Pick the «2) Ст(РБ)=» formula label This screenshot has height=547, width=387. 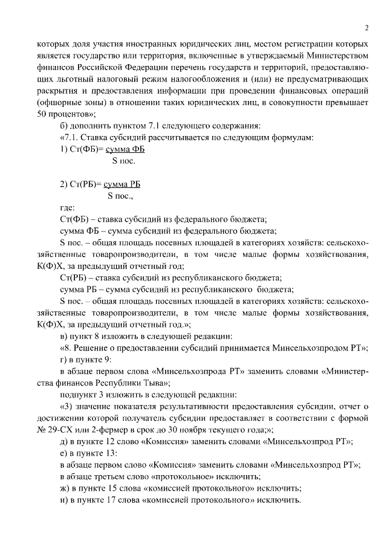81,184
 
